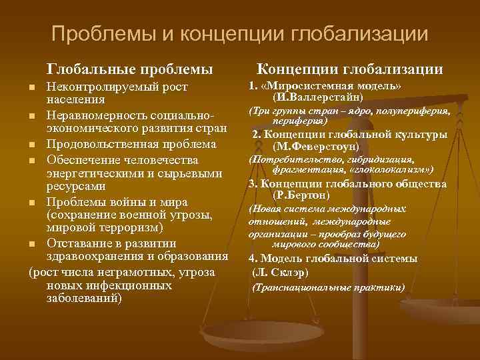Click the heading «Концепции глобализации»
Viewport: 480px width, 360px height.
350,69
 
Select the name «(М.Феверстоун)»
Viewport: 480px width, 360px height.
316,146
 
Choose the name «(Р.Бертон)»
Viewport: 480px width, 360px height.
302,195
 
